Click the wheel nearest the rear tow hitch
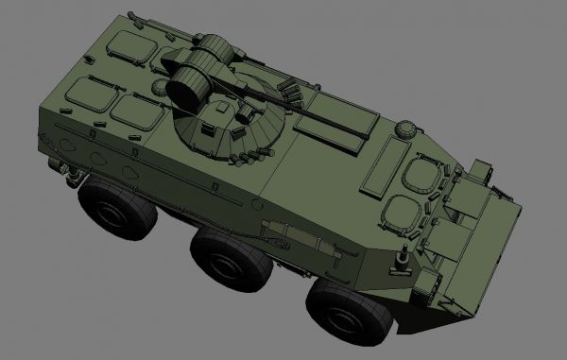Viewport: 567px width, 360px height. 116,210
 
